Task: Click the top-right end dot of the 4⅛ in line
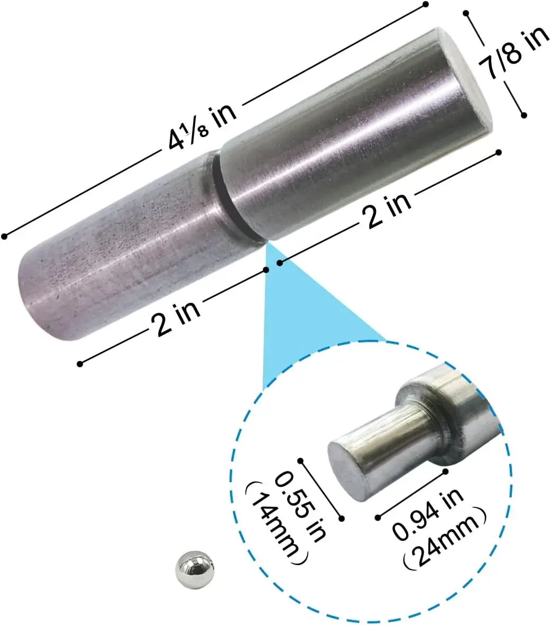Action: pos(425,5)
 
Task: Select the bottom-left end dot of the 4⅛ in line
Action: pos(5,236)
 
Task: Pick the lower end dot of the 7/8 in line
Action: pos(524,114)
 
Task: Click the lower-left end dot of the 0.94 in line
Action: pos(378,516)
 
